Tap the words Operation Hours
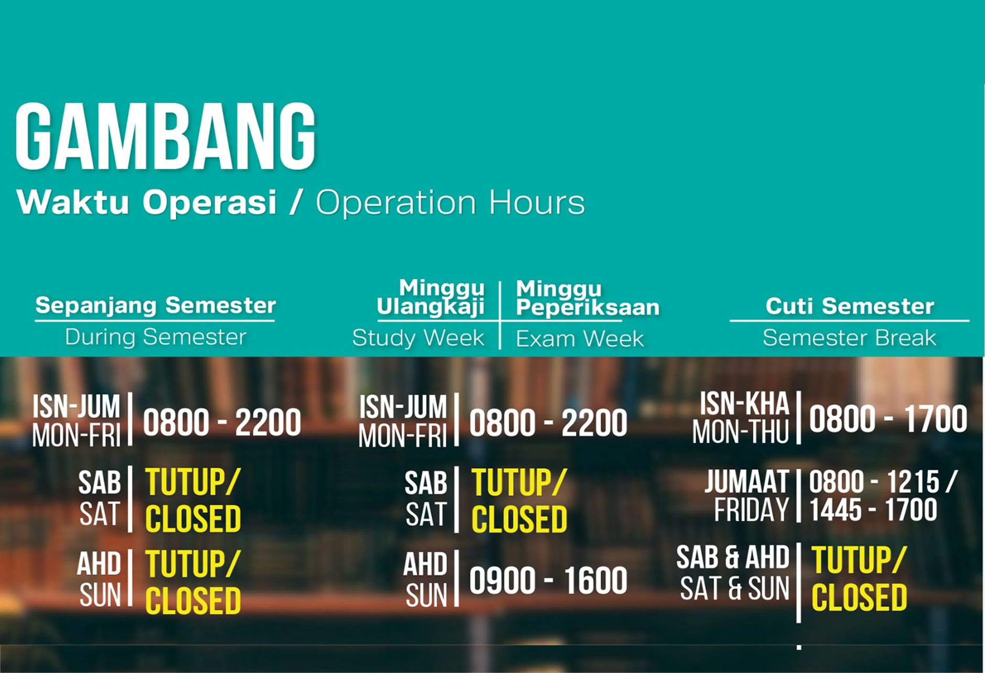click(x=450, y=202)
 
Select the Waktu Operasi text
click(x=146, y=202)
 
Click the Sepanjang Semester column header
click(x=155, y=305)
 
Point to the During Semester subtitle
click(x=156, y=337)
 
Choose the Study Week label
click(x=418, y=338)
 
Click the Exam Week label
click(x=580, y=339)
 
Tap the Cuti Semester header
click(x=850, y=306)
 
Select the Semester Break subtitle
click(x=849, y=338)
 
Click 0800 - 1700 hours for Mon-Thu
click(x=888, y=419)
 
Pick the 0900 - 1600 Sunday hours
click(x=548, y=581)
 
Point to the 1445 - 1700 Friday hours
click(x=873, y=510)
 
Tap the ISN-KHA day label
click(x=744, y=404)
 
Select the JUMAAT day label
click(x=746, y=482)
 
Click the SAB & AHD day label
click(x=733, y=557)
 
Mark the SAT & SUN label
click(x=734, y=589)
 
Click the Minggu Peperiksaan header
click(x=588, y=298)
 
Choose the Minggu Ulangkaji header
click(x=431, y=297)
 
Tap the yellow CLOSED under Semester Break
click(x=859, y=598)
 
